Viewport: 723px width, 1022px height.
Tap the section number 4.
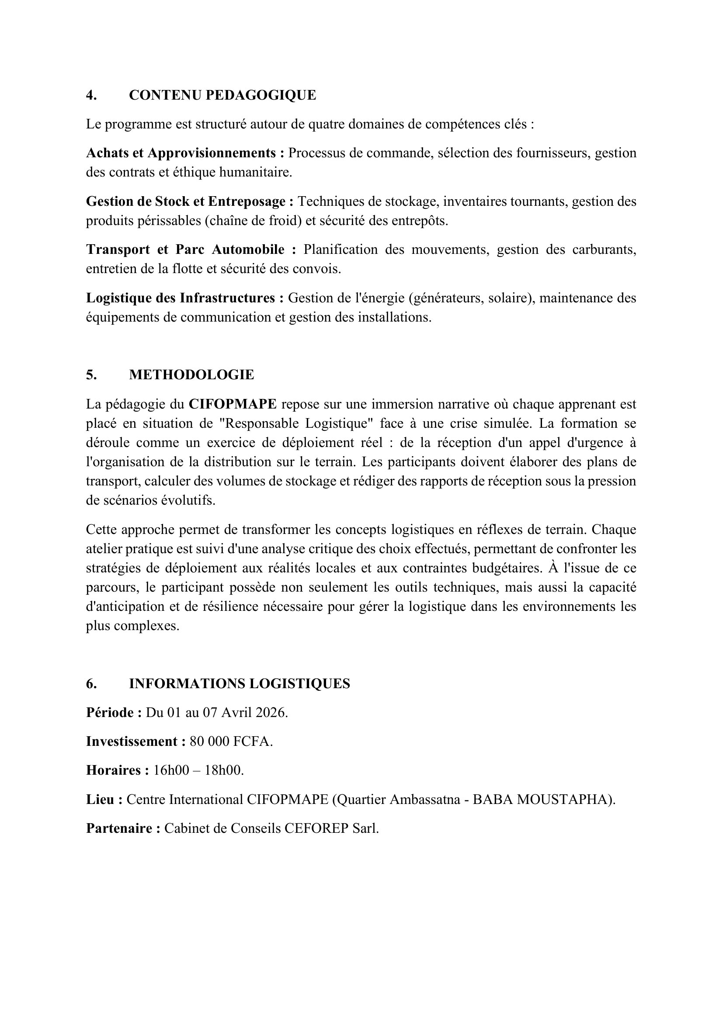coord(91,95)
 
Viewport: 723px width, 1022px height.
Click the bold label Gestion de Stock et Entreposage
coord(190,201)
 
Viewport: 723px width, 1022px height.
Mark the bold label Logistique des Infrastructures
coord(185,298)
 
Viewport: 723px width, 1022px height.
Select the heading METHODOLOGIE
coord(191,375)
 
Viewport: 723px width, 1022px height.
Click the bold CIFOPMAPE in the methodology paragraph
coord(233,404)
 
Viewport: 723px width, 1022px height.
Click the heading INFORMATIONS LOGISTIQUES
coord(240,684)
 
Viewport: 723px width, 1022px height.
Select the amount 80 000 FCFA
coord(231,741)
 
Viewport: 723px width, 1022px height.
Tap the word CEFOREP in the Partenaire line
coord(316,828)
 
